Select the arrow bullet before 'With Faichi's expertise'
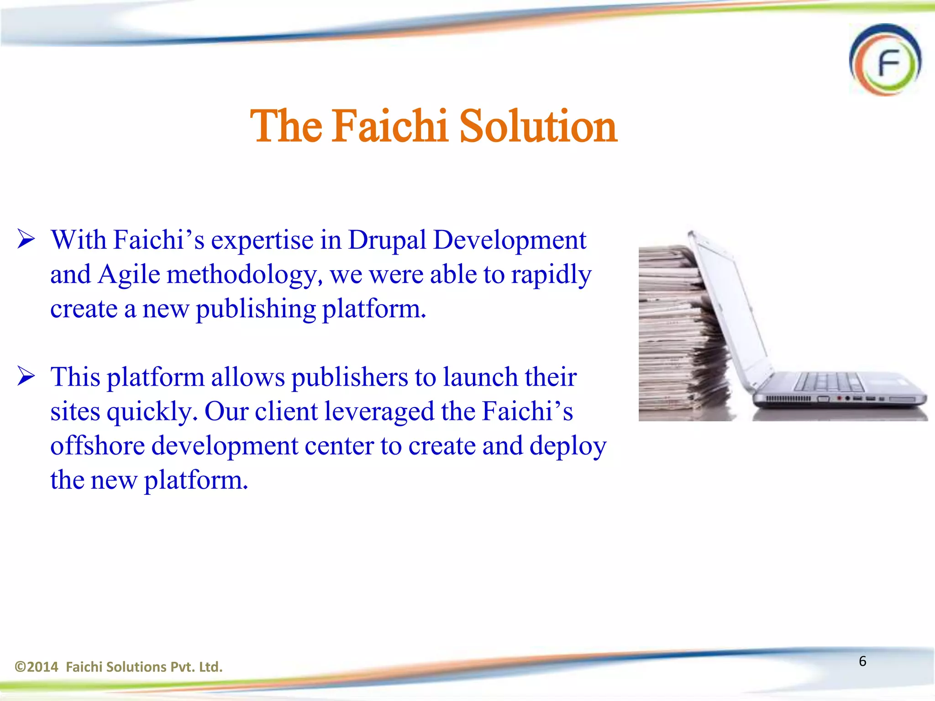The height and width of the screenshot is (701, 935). click(26, 239)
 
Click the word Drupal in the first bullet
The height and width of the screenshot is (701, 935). click(387, 240)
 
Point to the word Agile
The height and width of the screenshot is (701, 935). click(129, 275)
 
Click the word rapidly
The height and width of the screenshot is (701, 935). click(551, 275)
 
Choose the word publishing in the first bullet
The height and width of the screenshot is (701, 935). click(256, 309)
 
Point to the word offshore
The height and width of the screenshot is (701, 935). click(97, 446)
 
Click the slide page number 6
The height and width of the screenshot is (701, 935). click(862, 661)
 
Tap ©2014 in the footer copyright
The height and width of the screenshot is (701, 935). click(37, 667)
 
